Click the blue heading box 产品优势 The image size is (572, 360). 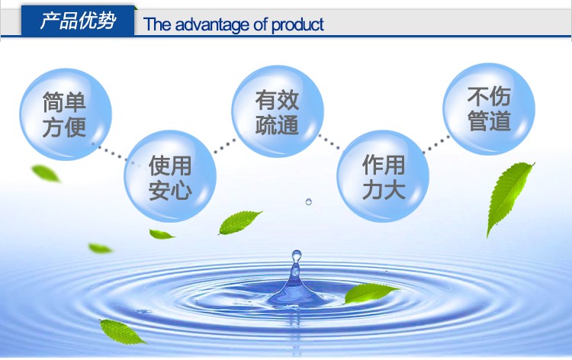click(x=78, y=21)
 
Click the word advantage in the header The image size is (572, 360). click(x=212, y=25)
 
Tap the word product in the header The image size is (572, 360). click(x=297, y=25)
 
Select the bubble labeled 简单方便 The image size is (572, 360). click(x=66, y=114)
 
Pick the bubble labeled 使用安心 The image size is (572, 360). click(x=170, y=177)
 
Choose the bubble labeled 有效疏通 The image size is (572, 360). click(x=278, y=111)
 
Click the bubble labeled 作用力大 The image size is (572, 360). click(x=383, y=176)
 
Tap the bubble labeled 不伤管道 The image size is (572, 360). click(x=489, y=109)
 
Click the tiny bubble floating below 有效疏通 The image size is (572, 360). click(x=309, y=201)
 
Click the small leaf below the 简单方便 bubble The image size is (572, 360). click(x=46, y=173)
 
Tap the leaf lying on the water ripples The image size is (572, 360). click(x=370, y=293)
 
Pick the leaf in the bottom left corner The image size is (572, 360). click(x=122, y=332)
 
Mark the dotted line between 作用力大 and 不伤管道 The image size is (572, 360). click(x=436, y=145)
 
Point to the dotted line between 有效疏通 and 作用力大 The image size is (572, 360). click(x=329, y=142)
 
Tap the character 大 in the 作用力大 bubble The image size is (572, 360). click(x=394, y=190)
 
